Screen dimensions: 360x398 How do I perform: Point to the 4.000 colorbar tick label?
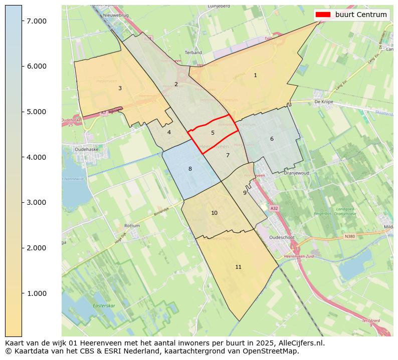pyautogui.click(x=37, y=157)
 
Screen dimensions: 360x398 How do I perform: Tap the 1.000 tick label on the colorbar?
pyautogui.click(x=37, y=293)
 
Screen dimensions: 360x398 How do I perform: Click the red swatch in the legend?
pyautogui.click(x=323, y=15)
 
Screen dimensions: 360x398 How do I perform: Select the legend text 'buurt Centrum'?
pyautogui.click(x=361, y=15)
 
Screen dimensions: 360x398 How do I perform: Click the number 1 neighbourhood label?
pyautogui.click(x=255, y=75)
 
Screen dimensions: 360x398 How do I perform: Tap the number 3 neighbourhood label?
pyautogui.click(x=120, y=88)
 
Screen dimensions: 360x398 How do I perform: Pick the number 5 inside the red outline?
pyautogui.click(x=213, y=133)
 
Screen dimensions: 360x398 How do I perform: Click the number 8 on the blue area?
pyautogui.click(x=190, y=169)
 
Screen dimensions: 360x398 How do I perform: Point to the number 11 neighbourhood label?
pyautogui.click(x=238, y=267)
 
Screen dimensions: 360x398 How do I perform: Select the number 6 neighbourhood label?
pyautogui.click(x=272, y=139)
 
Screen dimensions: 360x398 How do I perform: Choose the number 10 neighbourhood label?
pyautogui.click(x=214, y=213)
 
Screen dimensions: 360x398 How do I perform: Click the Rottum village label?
pyautogui.click(x=132, y=226)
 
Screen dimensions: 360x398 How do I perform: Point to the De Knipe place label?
pyautogui.click(x=324, y=101)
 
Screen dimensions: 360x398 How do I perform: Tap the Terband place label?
pyautogui.click(x=193, y=53)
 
